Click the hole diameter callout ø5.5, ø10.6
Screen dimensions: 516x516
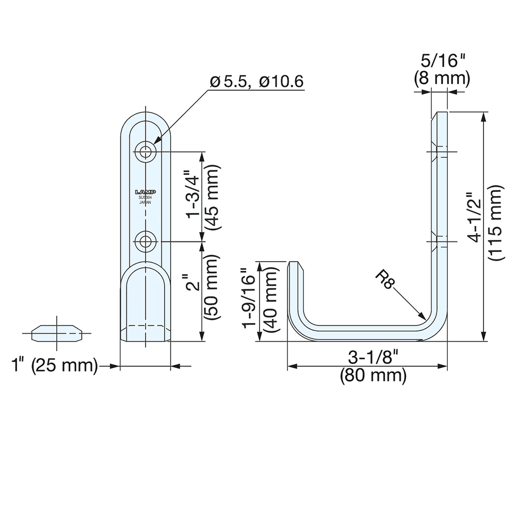click(x=256, y=82)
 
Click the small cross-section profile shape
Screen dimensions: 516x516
click(x=57, y=333)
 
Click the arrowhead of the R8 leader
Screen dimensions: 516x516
click(x=424, y=317)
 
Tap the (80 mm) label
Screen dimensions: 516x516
click(x=373, y=375)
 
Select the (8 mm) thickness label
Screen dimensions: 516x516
click(x=442, y=78)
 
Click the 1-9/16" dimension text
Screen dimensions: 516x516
click(x=250, y=301)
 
